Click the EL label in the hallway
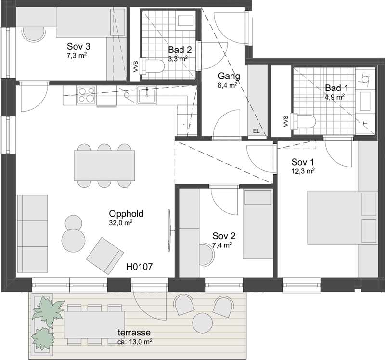pos(257,131)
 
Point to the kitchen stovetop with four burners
pos(86,95)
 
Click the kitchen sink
pos(147,95)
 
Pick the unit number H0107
pos(139,267)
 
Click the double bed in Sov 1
pos(342,218)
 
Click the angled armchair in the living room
pos(105,256)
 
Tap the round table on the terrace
pos(203,322)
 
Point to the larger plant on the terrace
pos(48,310)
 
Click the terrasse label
pos(134,333)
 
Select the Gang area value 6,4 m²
pos(227,85)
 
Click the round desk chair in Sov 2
pos(207,255)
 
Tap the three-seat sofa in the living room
pos(32,233)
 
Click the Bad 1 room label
pos(336,88)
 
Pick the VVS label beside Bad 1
pos(285,121)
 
